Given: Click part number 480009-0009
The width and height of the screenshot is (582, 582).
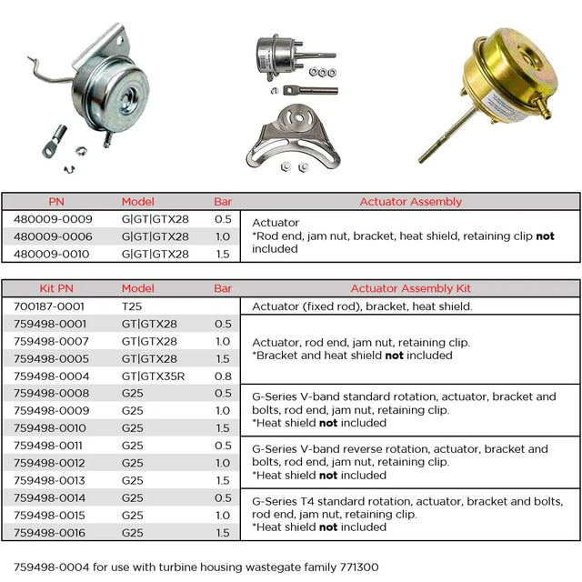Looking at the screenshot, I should [53, 219].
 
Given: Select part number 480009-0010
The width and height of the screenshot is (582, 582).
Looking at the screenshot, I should [53, 254].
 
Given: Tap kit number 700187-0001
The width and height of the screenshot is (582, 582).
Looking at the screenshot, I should [53, 306].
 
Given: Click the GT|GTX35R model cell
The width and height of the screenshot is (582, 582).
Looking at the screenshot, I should [153, 376].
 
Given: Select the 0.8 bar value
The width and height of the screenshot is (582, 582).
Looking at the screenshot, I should [222, 376].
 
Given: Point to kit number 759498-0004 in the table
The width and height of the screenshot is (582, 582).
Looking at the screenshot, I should [53, 376].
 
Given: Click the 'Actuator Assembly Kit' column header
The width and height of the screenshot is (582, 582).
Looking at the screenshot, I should [410, 289].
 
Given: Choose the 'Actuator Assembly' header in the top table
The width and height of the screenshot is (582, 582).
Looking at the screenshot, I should [410, 202].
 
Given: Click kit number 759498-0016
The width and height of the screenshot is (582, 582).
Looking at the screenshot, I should [53, 533].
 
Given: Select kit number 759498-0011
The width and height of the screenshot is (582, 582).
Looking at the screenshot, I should [53, 446].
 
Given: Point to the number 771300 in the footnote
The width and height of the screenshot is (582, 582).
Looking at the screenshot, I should [357, 567].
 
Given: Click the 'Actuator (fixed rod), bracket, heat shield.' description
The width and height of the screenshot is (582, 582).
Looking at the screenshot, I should [362, 306].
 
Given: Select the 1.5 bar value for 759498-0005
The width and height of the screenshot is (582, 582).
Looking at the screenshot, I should [222, 358].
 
